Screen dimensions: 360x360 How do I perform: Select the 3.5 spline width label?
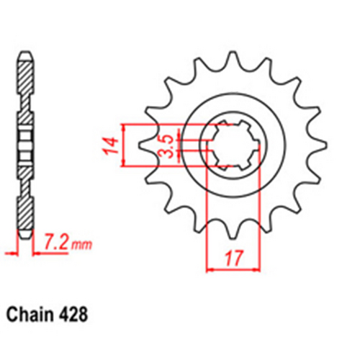tap(165, 145)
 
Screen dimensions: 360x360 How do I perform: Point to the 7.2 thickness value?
tap(57, 244)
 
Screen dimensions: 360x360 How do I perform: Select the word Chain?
tap(32, 315)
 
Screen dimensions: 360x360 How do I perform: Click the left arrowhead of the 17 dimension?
tap(211, 270)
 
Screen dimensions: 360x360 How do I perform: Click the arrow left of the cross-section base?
tap(10, 252)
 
